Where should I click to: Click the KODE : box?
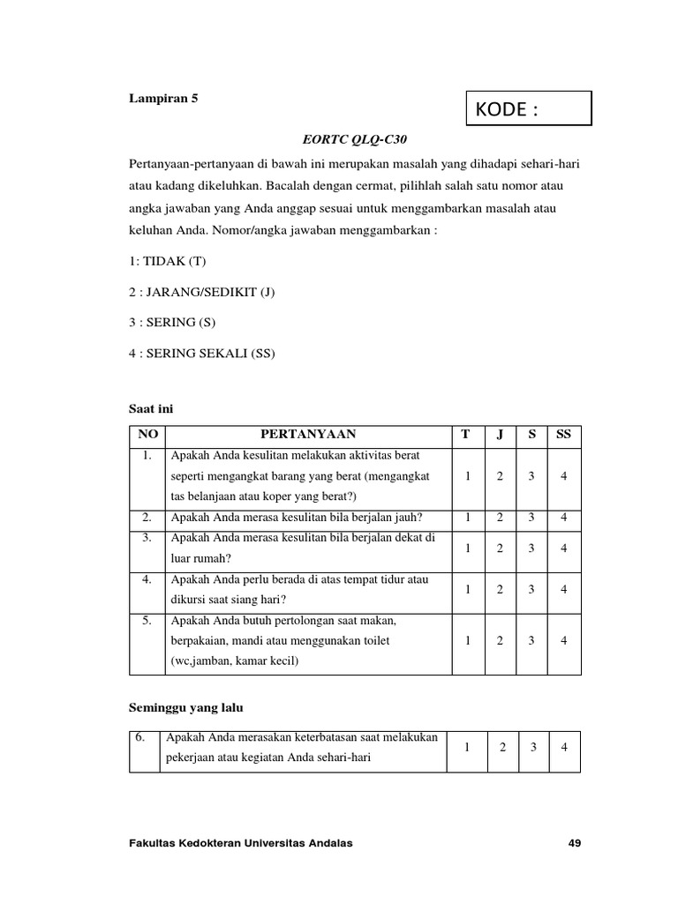[528, 109]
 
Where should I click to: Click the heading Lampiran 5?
[163, 99]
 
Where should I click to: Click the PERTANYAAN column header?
[308, 434]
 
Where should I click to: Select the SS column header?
[564, 434]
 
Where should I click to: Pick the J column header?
[500, 434]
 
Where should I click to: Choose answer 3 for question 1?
[531, 476]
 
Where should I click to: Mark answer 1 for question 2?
[468, 518]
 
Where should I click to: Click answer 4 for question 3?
[564, 548]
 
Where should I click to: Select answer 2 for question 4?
[500, 589]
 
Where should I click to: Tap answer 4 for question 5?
[564, 640]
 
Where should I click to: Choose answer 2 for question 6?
[502, 748]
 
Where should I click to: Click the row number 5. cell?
[147, 622]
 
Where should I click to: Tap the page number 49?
[575, 843]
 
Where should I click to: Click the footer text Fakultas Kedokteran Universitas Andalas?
[241, 843]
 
